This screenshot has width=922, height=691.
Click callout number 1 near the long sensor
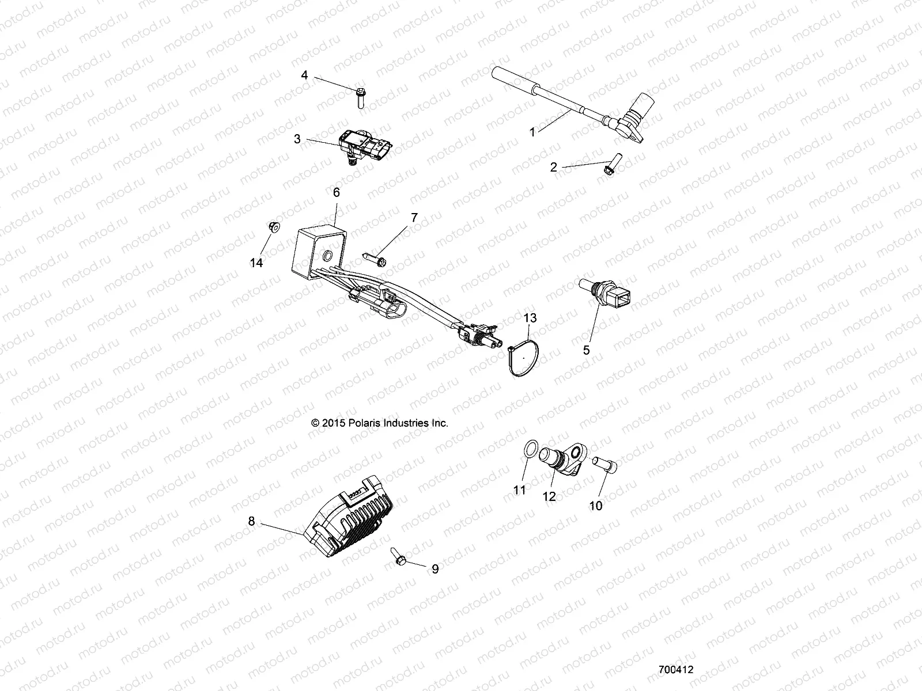[532, 132]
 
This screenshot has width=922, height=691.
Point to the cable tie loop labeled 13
[274, 227]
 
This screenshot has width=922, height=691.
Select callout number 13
[530, 318]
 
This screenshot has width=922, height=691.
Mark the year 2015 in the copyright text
[332, 423]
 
